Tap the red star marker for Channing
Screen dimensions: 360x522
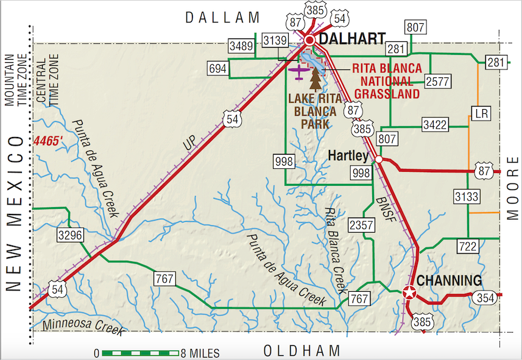(x=409, y=293)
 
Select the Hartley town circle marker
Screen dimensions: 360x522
(x=378, y=160)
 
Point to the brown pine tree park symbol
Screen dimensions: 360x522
(x=316, y=79)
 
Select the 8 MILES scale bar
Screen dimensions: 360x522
(x=140, y=353)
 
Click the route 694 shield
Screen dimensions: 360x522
(x=218, y=69)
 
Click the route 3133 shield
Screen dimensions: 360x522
(x=467, y=197)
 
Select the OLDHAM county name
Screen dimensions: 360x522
(x=302, y=351)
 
